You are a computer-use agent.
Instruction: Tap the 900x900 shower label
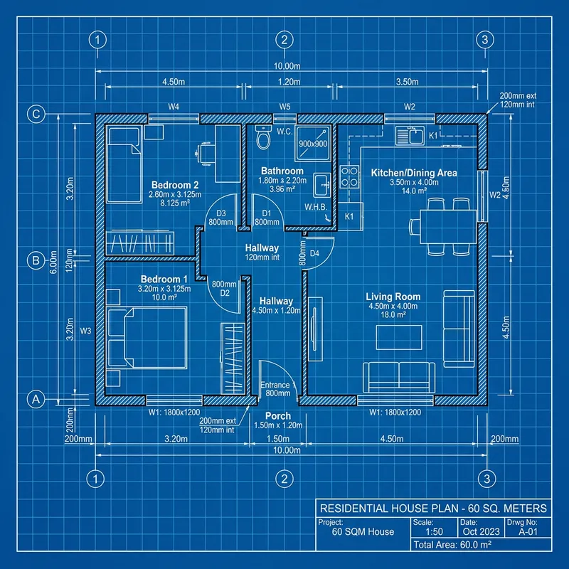coord(313,144)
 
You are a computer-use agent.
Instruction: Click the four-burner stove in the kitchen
coord(349,176)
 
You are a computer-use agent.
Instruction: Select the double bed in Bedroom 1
coord(146,337)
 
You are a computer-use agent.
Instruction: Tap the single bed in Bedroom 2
coord(124,164)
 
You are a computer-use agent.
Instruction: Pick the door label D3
coord(220,213)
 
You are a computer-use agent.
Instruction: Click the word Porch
coord(278,415)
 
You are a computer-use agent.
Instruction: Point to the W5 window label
coord(284,107)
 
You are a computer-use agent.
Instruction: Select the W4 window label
coord(173,107)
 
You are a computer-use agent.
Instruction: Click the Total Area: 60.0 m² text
coord(452,545)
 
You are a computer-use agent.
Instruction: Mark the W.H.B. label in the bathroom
coord(314,207)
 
